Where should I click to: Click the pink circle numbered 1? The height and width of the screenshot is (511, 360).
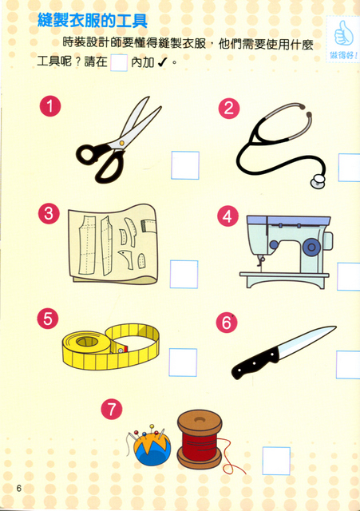[50, 106]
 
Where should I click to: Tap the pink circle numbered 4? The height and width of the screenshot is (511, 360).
[227, 216]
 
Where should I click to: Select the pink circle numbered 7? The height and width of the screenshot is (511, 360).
[112, 409]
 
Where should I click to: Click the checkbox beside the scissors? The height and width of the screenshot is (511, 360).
[185, 165]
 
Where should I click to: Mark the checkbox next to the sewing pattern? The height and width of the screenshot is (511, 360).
[184, 274]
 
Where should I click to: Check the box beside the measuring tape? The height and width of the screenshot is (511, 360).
[183, 362]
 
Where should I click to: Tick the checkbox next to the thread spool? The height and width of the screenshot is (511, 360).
[276, 461]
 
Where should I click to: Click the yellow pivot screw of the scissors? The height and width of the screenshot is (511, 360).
[121, 143]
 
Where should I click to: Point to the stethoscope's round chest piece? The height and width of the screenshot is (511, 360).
[318, 181]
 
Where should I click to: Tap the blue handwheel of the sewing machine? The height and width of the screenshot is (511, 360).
[311, 247]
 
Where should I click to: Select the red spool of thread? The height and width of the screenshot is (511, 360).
[200, 439]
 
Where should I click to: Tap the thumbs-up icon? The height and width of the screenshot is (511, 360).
[344, 34]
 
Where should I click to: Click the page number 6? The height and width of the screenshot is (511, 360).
[19, 488]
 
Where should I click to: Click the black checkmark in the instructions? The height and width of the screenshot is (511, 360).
[162, 61]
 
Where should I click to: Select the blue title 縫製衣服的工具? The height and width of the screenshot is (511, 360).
[93, 21]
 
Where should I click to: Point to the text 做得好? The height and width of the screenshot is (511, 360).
[344, 55]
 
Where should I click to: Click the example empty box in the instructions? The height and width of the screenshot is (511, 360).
[119, 63]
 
